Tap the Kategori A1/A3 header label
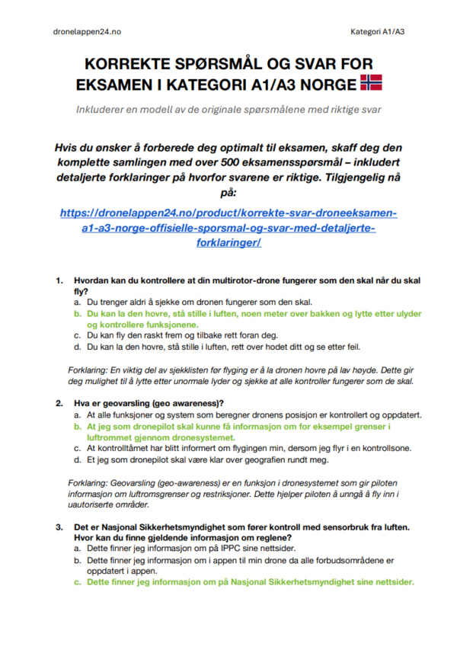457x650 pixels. click(x=377, y=31)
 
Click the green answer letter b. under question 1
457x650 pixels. click(x=78, y=313)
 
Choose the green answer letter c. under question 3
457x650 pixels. click(x=78, y=582)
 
